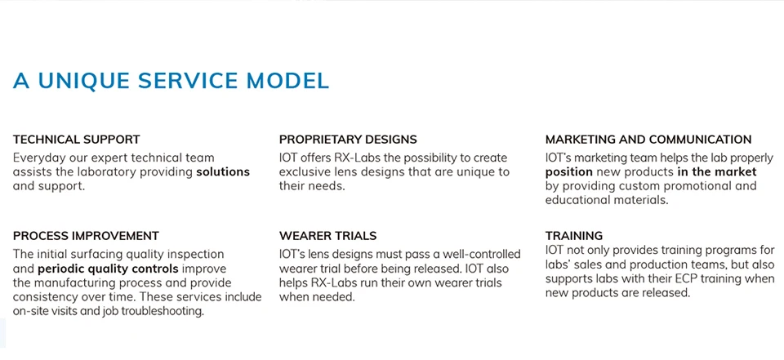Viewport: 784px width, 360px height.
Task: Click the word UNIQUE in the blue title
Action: click(84, 81)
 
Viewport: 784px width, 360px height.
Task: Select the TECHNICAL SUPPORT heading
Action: click(77, 140)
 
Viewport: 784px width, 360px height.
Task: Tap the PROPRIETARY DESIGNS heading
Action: click(348, 140)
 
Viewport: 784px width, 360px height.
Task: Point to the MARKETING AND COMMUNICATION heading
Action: click(648, 140)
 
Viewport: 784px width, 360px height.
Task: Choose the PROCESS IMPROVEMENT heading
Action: click(86, 236)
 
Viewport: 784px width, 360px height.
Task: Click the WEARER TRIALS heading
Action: click(328, 236)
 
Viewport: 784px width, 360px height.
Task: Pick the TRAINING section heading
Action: click(574, 236)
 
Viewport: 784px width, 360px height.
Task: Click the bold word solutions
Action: click(223, 172)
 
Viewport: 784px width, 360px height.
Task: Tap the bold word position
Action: click(569, 172)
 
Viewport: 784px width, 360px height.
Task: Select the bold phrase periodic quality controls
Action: click(108, 269)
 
